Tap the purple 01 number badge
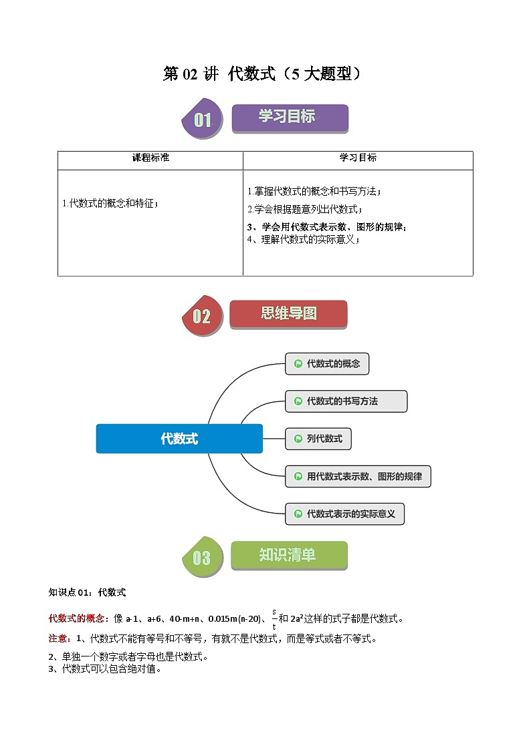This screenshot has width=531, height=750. click(x=202, y=120)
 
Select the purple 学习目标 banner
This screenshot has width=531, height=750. click(x=290, y=118)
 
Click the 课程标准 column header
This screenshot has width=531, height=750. click(x=150, y=158)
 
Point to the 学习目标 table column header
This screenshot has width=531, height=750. click(x=358, y=158)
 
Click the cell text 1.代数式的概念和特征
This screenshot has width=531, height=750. click(x=110, y=204)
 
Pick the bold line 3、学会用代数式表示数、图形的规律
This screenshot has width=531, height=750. click(x=326, y=227)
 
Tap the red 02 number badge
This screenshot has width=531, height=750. click(x=202, y=316)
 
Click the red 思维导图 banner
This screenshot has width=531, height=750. click(x=288, y=314)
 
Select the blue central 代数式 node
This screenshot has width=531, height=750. click(x=179, y=439)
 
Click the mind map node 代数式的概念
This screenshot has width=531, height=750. click(x=327, y=364)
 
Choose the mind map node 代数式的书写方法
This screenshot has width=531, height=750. click(x=346, y=401)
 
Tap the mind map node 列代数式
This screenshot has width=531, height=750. click(x=318, y=439)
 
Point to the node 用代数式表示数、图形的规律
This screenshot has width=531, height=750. click(x=358, y=477)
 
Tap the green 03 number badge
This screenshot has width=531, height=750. click(x=202, y=558)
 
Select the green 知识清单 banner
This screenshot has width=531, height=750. click(x=288, y=556)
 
